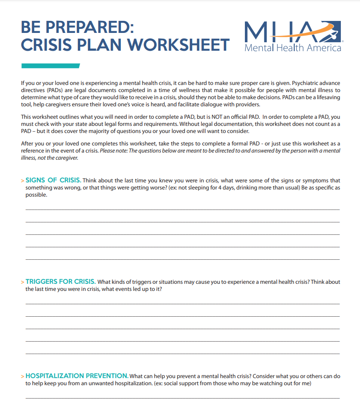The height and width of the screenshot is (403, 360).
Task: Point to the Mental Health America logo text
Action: tap(293, 48)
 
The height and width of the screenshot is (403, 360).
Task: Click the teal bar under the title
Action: tap(50, 66)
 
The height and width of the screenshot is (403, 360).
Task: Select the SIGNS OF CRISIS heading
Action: tap(53, 180)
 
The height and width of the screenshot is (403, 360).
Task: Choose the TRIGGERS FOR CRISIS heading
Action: tap(60, 282)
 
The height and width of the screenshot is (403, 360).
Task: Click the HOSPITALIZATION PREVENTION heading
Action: tap(77, 376)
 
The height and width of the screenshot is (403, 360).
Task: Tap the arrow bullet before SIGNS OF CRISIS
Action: tap(23, 181)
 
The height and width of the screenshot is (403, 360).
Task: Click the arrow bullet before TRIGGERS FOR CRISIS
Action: tap(23, 282)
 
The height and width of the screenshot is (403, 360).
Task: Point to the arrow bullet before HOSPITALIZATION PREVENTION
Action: tap(23, 376)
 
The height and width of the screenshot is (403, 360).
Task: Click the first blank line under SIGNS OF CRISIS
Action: tap(182, 209)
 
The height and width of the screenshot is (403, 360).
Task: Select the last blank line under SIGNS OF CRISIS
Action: tap(182, 259)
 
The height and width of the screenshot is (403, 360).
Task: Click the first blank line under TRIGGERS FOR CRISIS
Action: tap(182, 304)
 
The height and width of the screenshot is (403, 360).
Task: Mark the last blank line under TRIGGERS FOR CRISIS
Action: tap(182, 354)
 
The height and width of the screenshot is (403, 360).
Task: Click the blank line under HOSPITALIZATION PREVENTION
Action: tap(182, 397)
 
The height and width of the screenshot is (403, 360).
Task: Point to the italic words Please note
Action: tap(114, 151)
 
